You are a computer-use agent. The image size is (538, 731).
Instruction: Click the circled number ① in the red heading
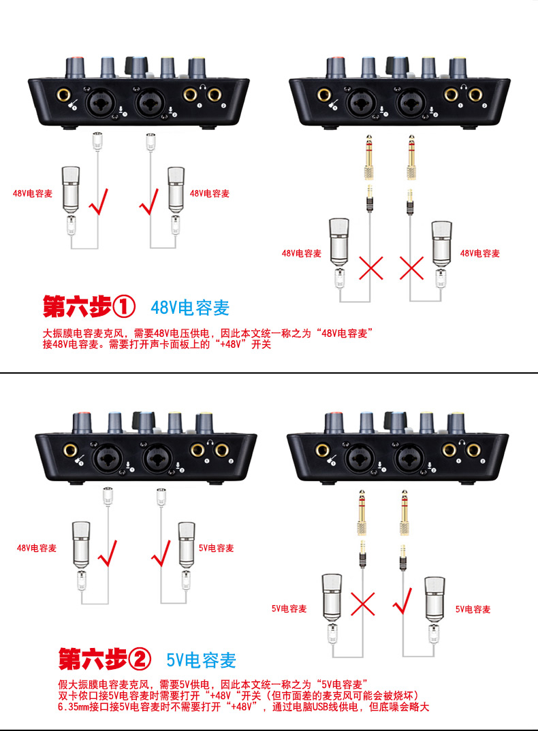124,307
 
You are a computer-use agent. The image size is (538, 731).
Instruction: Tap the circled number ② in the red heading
140,660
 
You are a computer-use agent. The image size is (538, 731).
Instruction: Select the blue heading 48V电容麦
190,308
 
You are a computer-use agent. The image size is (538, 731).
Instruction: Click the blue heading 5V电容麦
201,660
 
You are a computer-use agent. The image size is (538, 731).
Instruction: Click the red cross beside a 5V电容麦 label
362,604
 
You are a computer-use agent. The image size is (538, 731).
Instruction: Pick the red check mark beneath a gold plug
402,601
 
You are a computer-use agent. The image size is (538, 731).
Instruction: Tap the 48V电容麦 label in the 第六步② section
36,548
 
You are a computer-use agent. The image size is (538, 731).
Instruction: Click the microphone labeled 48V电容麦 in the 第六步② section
81,545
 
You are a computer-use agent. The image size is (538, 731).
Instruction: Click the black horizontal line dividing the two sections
269,373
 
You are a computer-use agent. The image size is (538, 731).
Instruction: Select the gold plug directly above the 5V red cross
362,512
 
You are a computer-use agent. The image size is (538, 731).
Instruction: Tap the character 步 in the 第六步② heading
110,660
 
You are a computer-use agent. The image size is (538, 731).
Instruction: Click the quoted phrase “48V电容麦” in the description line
345,334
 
